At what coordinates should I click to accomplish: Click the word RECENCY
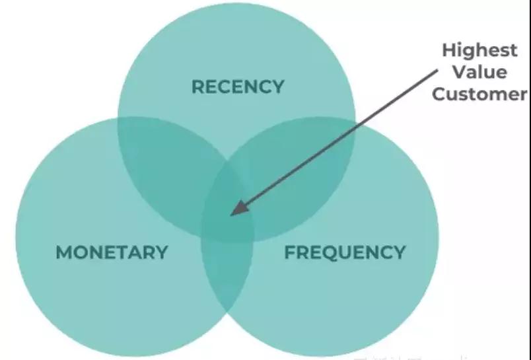pos(237,87)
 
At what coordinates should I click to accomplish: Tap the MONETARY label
pos(112,252)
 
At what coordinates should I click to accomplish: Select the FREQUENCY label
pos(345,252)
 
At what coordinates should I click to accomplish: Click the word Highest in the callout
pos(479,50)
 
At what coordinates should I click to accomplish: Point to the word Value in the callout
pos(479,72)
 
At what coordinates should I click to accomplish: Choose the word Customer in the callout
pos(479,94)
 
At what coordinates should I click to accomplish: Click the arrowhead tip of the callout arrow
pos(230,215)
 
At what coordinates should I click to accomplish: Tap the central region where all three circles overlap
pos(228,211)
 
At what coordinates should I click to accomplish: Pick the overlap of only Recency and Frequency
pos(297,165)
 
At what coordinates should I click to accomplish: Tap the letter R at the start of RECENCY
pos(197,87)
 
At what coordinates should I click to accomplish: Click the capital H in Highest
pos(448,50)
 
